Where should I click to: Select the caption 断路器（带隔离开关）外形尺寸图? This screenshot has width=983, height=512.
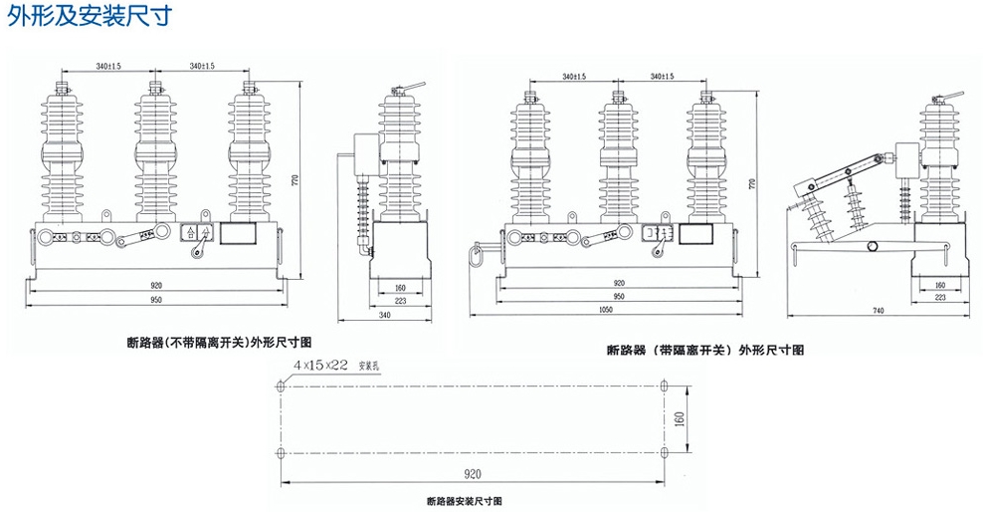click(x=705, y=350)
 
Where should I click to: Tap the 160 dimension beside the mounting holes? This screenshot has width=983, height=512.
click(x=680, y=419)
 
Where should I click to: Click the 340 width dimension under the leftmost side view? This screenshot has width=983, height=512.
click(x=384, y=315)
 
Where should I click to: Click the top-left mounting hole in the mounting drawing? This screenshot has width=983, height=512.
click(x=282, y=387)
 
